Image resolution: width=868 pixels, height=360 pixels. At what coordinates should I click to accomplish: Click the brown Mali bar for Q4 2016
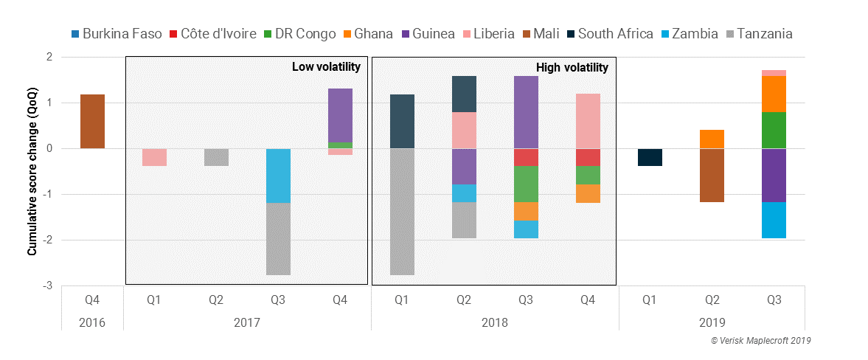click(92, 122)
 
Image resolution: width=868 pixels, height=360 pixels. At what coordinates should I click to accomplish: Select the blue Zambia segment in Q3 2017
click(278, 176)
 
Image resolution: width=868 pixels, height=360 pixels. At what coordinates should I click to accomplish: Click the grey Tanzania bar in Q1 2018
click(402, 212)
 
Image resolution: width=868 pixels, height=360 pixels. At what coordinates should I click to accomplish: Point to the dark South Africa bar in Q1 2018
click(402, 122)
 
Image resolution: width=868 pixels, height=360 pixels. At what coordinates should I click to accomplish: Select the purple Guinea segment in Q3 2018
click(526, 112)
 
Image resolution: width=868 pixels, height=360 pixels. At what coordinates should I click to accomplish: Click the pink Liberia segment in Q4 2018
click(588, 121)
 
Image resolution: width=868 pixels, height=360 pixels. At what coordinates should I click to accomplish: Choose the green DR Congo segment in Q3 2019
click(774, 131)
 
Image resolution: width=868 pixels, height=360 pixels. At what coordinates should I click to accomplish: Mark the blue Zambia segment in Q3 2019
click(774, 220)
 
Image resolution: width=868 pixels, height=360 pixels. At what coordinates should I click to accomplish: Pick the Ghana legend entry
click(366, 33)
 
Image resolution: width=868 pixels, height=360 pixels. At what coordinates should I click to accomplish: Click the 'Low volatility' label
click(326, 67)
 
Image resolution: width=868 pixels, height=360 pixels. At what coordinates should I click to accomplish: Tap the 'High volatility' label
click(573, 67)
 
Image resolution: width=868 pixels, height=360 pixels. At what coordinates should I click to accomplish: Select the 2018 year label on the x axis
click(495, 322)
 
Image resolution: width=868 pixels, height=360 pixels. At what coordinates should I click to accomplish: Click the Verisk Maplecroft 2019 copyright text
click(760, 341)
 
